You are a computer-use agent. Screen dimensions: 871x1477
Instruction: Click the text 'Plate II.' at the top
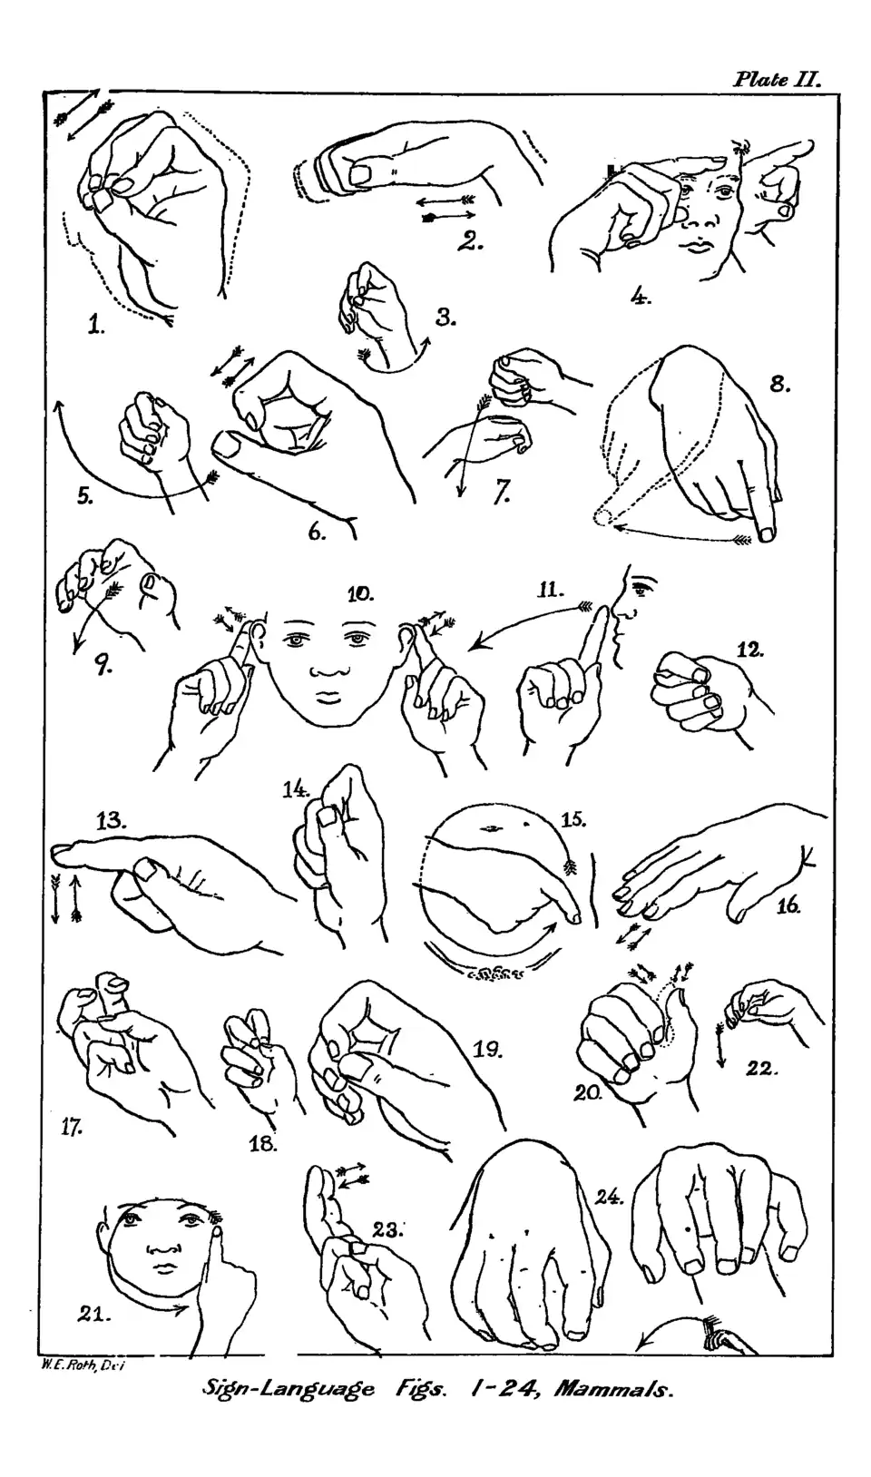[x=778, y=80]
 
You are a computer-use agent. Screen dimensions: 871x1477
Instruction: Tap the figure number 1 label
[x=96, y=325]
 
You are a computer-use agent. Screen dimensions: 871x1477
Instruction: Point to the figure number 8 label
[x=780, y=384]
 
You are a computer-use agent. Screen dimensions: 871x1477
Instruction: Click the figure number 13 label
[x=112, y=821]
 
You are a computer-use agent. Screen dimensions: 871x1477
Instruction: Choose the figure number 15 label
[x=573, y=819]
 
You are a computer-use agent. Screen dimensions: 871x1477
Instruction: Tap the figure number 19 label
[x=487, y=1049]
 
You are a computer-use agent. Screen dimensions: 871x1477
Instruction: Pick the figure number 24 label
[x=610, y=1197]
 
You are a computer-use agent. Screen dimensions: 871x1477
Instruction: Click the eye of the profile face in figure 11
[x=638, y=587]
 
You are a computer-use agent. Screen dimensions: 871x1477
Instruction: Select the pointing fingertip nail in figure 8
[x=767, y=533]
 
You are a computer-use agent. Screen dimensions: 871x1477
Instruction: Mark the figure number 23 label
[x=388, y=1229]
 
